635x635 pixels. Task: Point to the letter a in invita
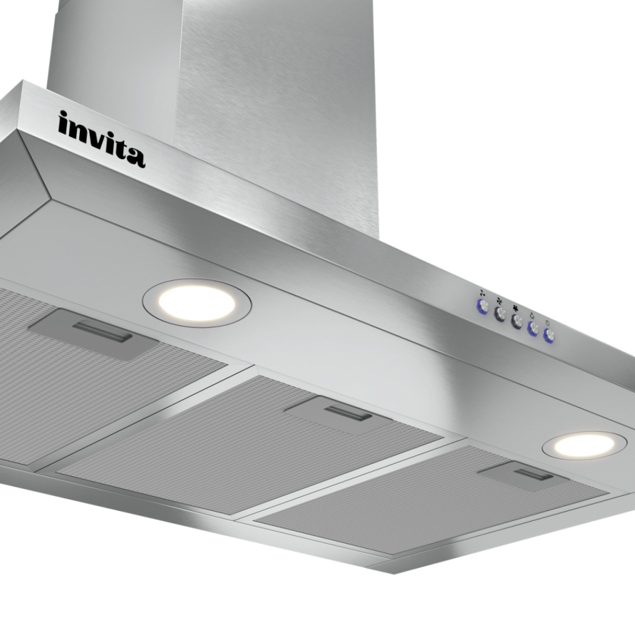coord(135,157)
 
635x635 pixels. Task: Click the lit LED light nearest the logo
coord(197,303)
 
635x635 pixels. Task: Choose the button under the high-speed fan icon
coord(516,321)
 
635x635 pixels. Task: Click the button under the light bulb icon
coord(533,329)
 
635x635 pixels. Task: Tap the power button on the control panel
coord(549,335)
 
